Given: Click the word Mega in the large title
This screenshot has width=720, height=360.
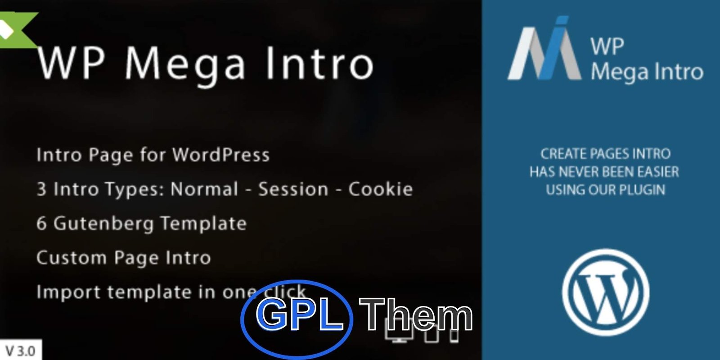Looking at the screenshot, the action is [x=185, y=64].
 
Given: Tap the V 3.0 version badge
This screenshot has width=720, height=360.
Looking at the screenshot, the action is [x=21, y=350].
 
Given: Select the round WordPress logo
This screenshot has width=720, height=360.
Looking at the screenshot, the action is [x=606, y=292].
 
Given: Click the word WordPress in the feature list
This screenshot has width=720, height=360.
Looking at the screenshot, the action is [x=221, y=155].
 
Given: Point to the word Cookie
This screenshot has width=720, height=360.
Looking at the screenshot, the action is [x=381, y=189].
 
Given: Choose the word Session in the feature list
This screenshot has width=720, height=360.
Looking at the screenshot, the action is [x=293, y=189].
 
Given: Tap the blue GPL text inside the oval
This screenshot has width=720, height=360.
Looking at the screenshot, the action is [x=299, y=314].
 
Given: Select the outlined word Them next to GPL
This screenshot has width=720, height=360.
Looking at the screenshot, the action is [x=416, y=315].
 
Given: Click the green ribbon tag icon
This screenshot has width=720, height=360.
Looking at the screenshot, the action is [x=16, y=30].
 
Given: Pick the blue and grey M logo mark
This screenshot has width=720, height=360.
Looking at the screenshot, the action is [x=544, y=48].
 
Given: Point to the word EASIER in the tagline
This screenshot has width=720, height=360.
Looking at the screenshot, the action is [x=658, y=171].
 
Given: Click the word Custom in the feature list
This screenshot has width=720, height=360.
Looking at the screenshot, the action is [x=72, y=257].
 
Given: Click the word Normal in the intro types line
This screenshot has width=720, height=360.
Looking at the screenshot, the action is [x=204, y=189].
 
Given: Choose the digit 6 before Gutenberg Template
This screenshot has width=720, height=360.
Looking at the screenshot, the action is [x=41, y=223].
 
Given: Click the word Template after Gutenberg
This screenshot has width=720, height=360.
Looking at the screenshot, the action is [x=203, y=223].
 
